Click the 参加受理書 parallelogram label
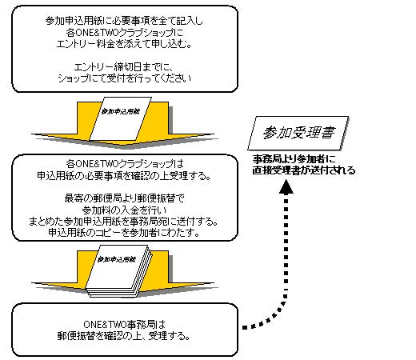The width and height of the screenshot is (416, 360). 298,133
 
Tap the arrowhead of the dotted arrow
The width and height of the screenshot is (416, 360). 286,186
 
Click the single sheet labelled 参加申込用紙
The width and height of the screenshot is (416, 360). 120,118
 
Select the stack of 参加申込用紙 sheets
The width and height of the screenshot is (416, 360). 119,271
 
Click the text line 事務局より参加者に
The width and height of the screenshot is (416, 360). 294,159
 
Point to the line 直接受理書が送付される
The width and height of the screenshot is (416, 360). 304,170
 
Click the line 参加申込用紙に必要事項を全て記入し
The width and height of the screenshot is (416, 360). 124,21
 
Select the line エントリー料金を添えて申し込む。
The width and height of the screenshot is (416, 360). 124,44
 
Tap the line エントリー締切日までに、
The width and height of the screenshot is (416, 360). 124,66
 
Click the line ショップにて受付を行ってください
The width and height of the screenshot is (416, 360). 124,78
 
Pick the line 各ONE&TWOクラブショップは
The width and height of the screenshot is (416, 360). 125,163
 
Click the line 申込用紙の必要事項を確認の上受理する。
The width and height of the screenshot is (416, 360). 124,175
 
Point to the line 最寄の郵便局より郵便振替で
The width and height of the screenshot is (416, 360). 124,198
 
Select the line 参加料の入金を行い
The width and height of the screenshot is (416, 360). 124,210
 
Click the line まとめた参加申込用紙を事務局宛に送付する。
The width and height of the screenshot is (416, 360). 123,222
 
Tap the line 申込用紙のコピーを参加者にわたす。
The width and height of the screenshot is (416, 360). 124,233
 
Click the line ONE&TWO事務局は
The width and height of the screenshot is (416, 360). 124,324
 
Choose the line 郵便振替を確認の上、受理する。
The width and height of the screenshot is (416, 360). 124,336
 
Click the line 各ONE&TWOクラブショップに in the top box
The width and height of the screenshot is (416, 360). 125,33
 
